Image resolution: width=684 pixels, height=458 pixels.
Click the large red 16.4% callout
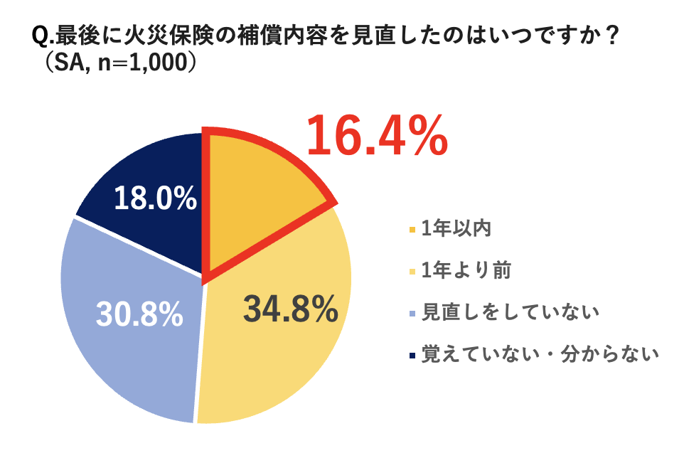pyautogui.click(x=377, y=137)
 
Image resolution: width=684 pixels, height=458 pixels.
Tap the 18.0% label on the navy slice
pyautogui.click(x=155, y=198)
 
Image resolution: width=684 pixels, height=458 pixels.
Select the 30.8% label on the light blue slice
pyautogui.click(x=139, y=314)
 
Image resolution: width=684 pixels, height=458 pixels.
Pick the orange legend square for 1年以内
pyautogui.click(x=412, y=230)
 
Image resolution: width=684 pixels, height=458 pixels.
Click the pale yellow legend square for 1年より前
pyautogui.click(x=412, y=271)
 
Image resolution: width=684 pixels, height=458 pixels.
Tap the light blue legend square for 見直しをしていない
pyautogui.click(x=412, y=312)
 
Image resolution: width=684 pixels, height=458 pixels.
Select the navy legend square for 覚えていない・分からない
pyautogui.click(x=412, y=353)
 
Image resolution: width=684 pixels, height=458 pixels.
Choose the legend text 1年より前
pyautogui.click(x=466, y=271)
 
